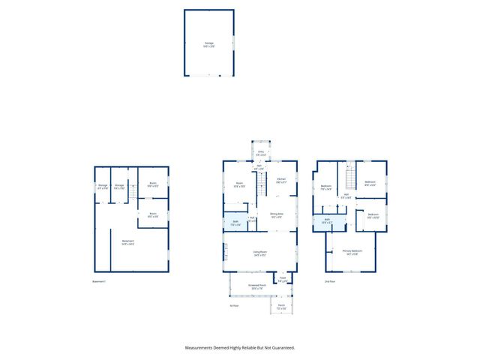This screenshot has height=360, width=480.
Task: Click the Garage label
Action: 208,43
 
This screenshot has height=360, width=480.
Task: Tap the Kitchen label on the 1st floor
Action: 280,178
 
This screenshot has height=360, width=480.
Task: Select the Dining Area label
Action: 277,214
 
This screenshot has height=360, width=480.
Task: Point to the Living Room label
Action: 260,251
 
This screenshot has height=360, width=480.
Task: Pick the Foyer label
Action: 283,277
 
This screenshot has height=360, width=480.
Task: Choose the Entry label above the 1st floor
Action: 261,152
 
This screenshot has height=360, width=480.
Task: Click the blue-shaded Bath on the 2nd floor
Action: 327,220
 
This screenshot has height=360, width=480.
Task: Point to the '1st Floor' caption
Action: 234,305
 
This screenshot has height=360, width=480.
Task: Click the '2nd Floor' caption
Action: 328,281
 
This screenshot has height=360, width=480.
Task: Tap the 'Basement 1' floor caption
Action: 100,281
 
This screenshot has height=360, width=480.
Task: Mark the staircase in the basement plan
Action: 132,192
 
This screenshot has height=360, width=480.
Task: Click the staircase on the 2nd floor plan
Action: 349,178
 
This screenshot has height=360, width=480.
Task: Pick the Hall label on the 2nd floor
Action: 346,196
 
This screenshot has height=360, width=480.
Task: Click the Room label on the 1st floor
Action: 240,184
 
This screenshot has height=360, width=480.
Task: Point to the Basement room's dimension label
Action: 127,244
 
